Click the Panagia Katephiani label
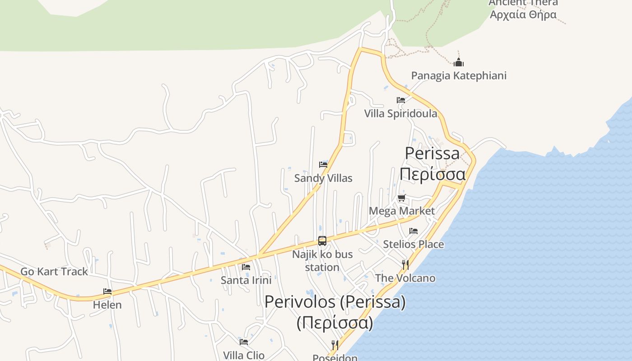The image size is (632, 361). tap(459, 75)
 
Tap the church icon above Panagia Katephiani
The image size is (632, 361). tap(459, 62)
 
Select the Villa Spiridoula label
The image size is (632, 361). tap(401, 113)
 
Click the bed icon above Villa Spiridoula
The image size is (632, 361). tap(401, 100)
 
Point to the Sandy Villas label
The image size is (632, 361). tap(323, 178)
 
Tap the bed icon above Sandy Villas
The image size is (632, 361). tap(323, 165)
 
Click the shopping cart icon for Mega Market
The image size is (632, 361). tap(402, 198)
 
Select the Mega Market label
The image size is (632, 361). tap(402, 211)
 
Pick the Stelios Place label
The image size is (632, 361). tap(414, 244)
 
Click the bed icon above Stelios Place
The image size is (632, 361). tap(414, 231)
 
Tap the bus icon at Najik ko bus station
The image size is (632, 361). tap(322, 241)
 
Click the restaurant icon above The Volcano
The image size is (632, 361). tap(405, 265)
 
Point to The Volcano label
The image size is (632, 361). tap(405, 278)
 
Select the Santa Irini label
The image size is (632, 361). tap(246, 280)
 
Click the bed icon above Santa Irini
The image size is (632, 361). tap(246, 267)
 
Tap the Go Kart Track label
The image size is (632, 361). tap(54, 272)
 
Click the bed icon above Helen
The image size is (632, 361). tap(107, 292)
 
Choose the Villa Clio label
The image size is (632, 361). tap(244, 355)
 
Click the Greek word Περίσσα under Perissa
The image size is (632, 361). tap(432, 174)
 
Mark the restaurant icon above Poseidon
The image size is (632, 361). tap(335, 345)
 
